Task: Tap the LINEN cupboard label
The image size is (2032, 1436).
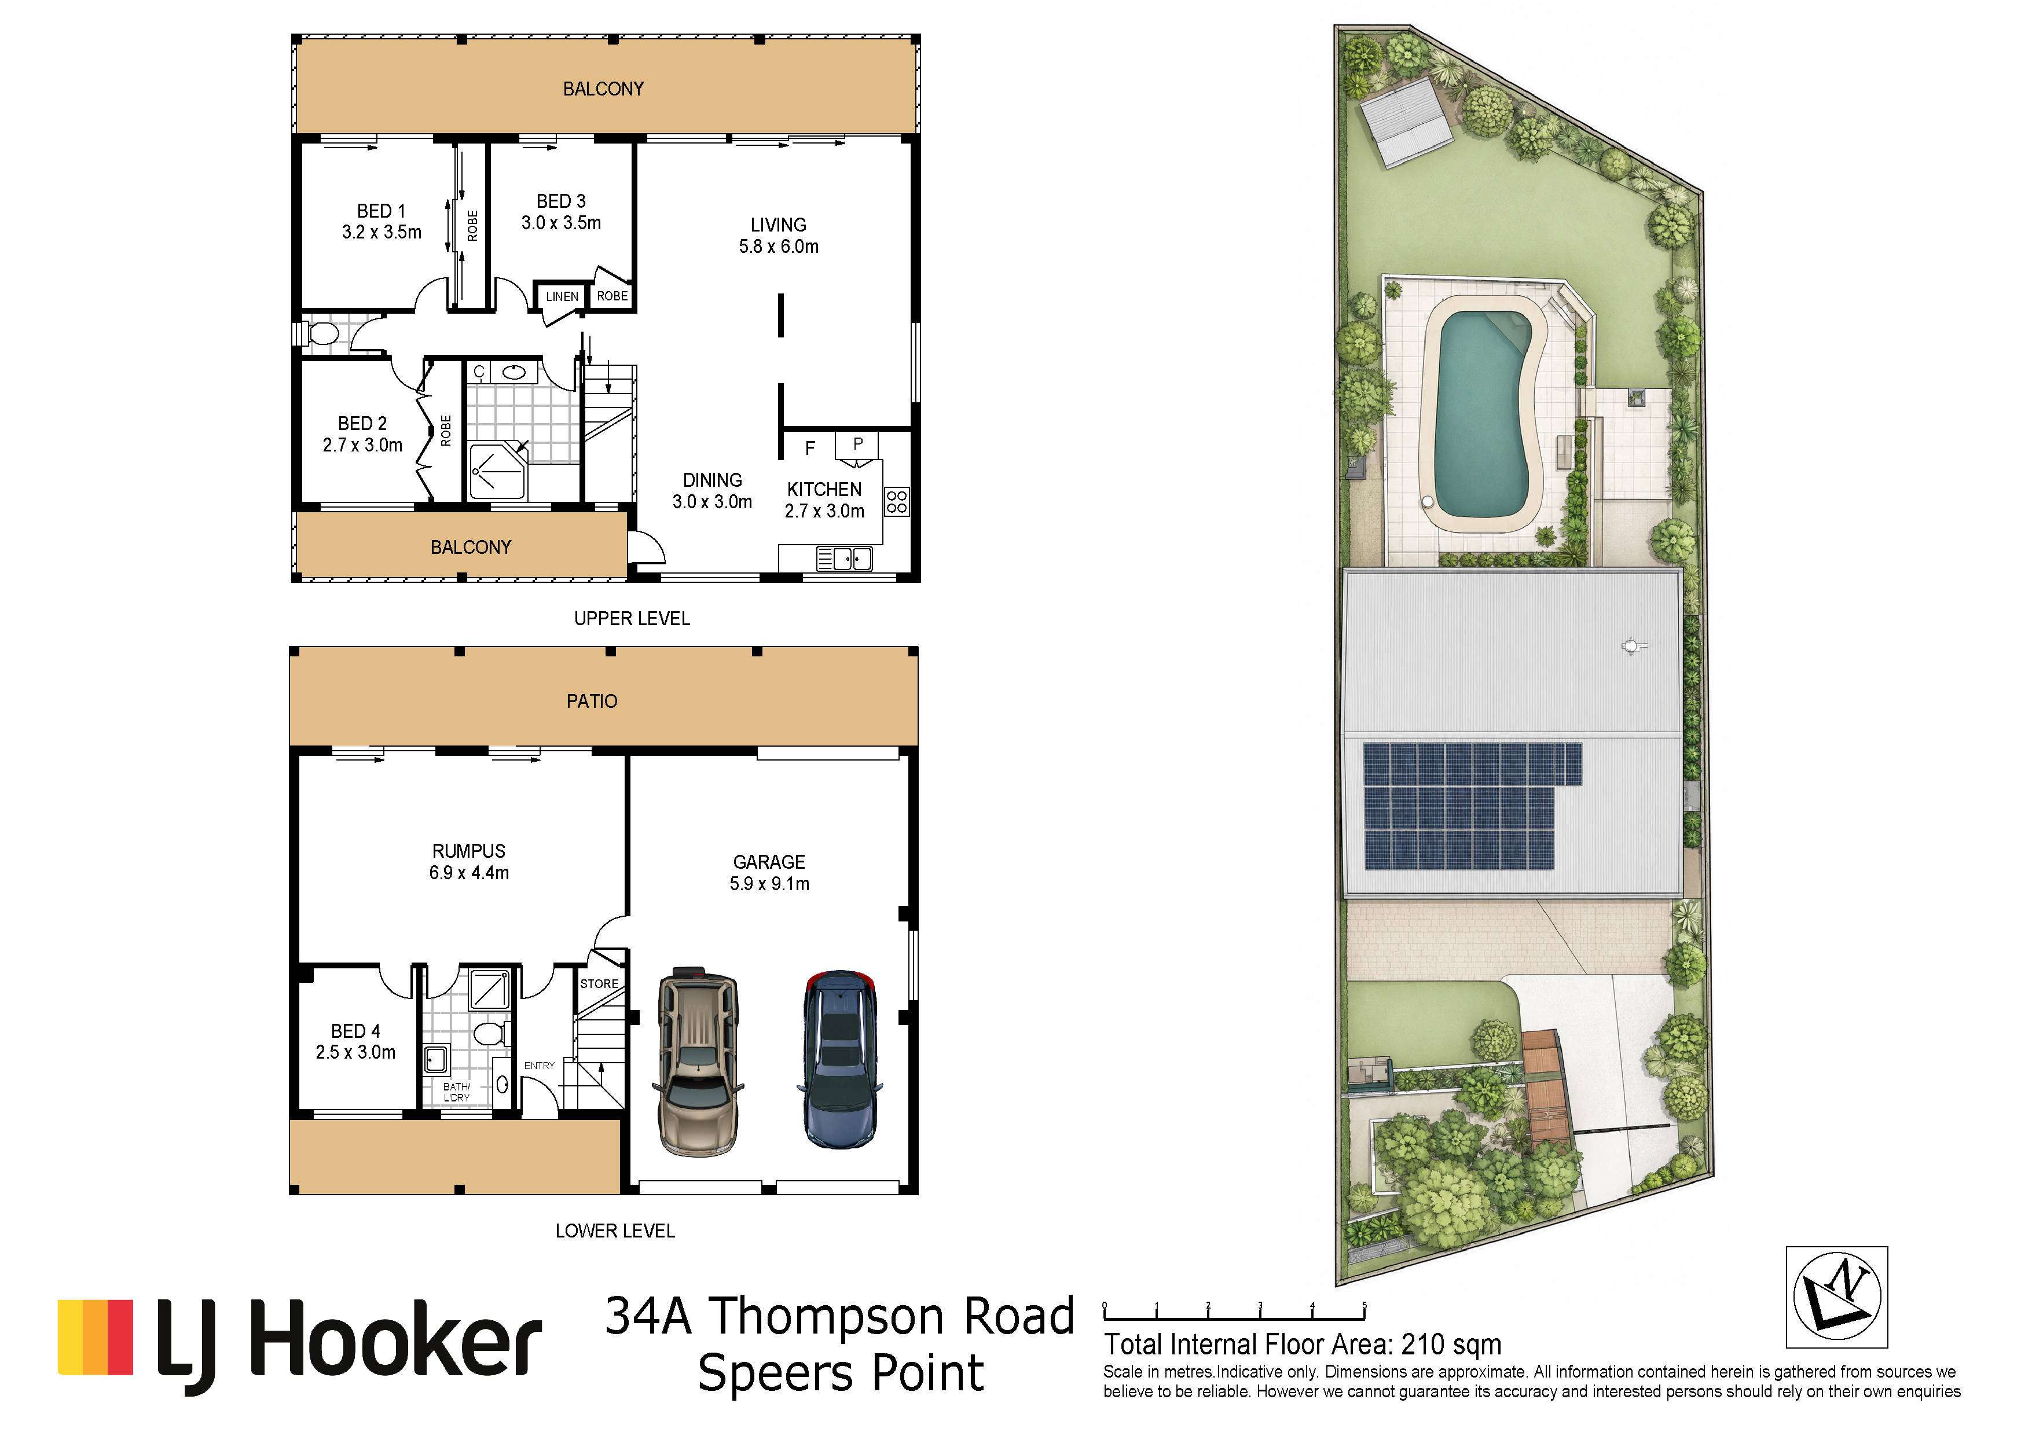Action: pyautogui.click(x=562, y=296)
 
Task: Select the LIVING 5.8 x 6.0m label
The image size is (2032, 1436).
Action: pyautogui.click(x=779, y=236)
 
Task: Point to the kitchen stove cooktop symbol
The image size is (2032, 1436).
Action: pyautogui.click(x=897, y=502)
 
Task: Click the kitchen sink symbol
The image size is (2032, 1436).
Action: pyautogui.click(x=844, y=559)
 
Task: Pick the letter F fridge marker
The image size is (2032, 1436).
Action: pyautogui.click(x=810, y=449)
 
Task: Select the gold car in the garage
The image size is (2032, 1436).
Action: pyautogui.click(x=698, y=1061)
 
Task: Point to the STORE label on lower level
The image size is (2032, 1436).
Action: pyautogui.click(x=599, y=984)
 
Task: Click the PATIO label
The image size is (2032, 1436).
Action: pyautogui.click(x=592, y=701)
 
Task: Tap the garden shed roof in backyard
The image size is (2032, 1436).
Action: pyautogui.click(x=1406, y=121)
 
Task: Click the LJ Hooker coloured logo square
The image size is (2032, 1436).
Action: pyautogui.click(x=96, y=1337)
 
